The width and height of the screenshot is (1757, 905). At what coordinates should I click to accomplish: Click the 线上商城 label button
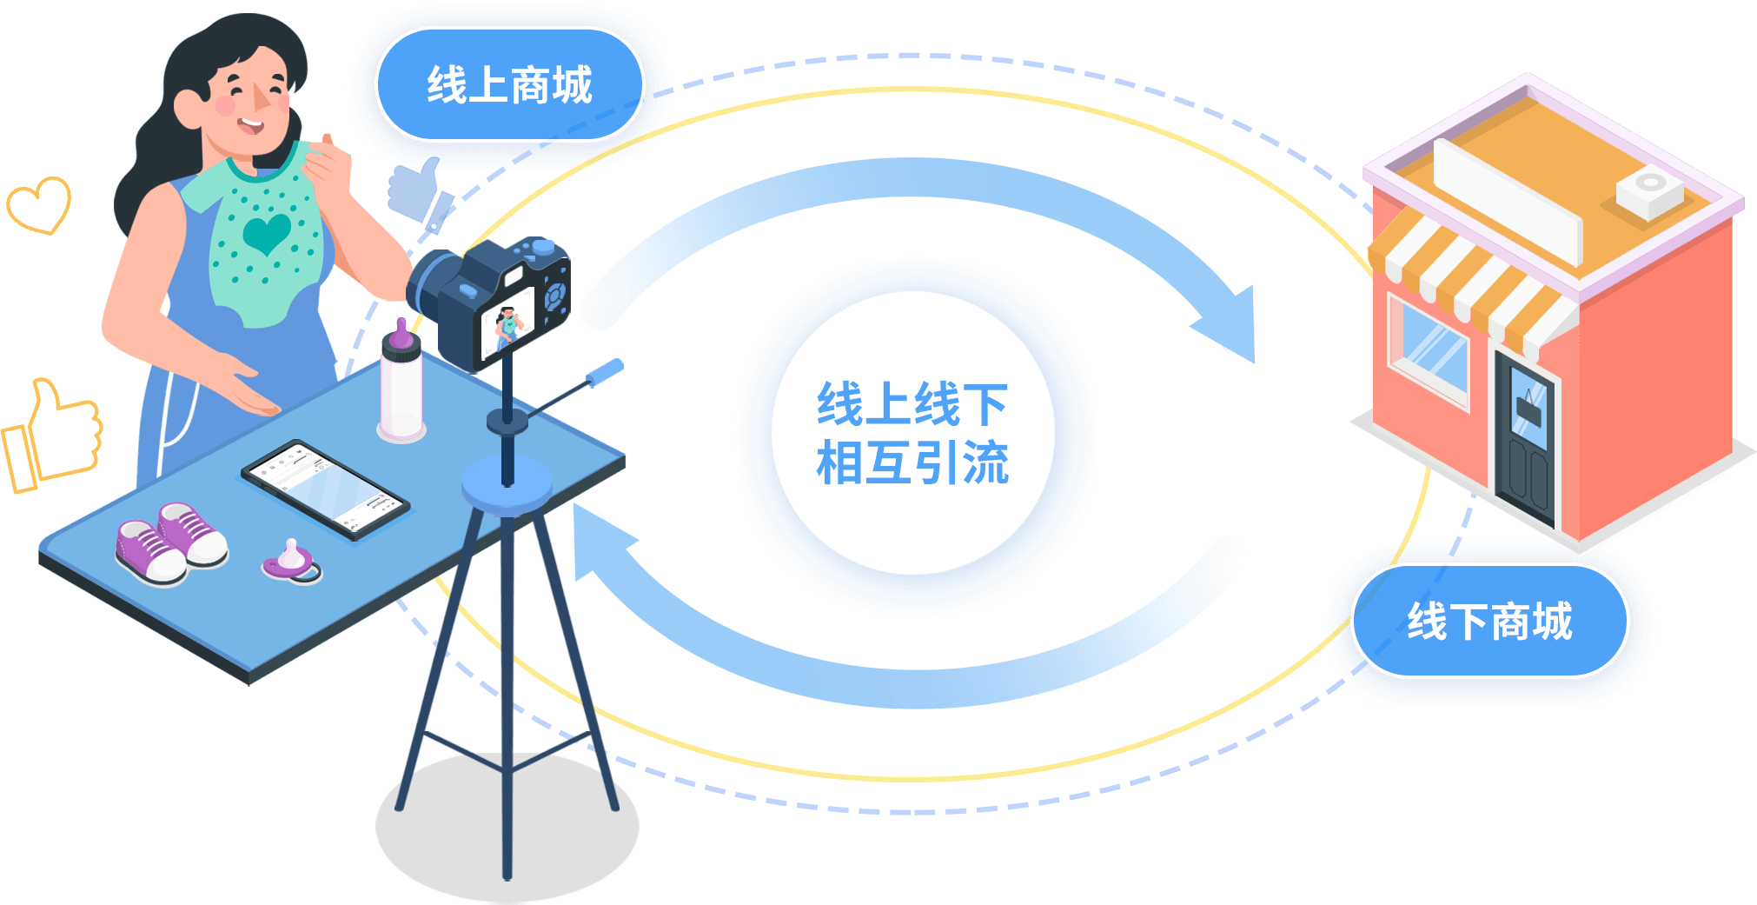(509, 84)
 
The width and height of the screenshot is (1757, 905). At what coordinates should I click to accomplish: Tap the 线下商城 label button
(1489, 621)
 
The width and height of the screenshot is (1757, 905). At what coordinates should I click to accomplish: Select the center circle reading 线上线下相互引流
(912, 433)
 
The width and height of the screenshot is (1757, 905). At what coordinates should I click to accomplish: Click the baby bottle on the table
(401, 387)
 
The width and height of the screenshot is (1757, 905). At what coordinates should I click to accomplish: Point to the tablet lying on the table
(324, 489)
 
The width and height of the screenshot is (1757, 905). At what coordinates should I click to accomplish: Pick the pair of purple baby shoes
(172, 544)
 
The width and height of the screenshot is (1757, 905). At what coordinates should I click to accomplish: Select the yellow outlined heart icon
(38, 204)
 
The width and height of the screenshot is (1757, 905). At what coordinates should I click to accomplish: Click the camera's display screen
(508, 322)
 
